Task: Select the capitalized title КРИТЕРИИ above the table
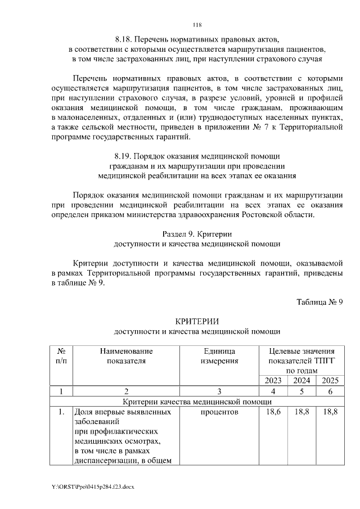click(x=196, y=321)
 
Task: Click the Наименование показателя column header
click(x=126, y=355)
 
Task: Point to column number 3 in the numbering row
click(x=219, y=391)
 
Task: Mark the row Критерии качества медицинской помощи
click(x=197, y=402)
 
